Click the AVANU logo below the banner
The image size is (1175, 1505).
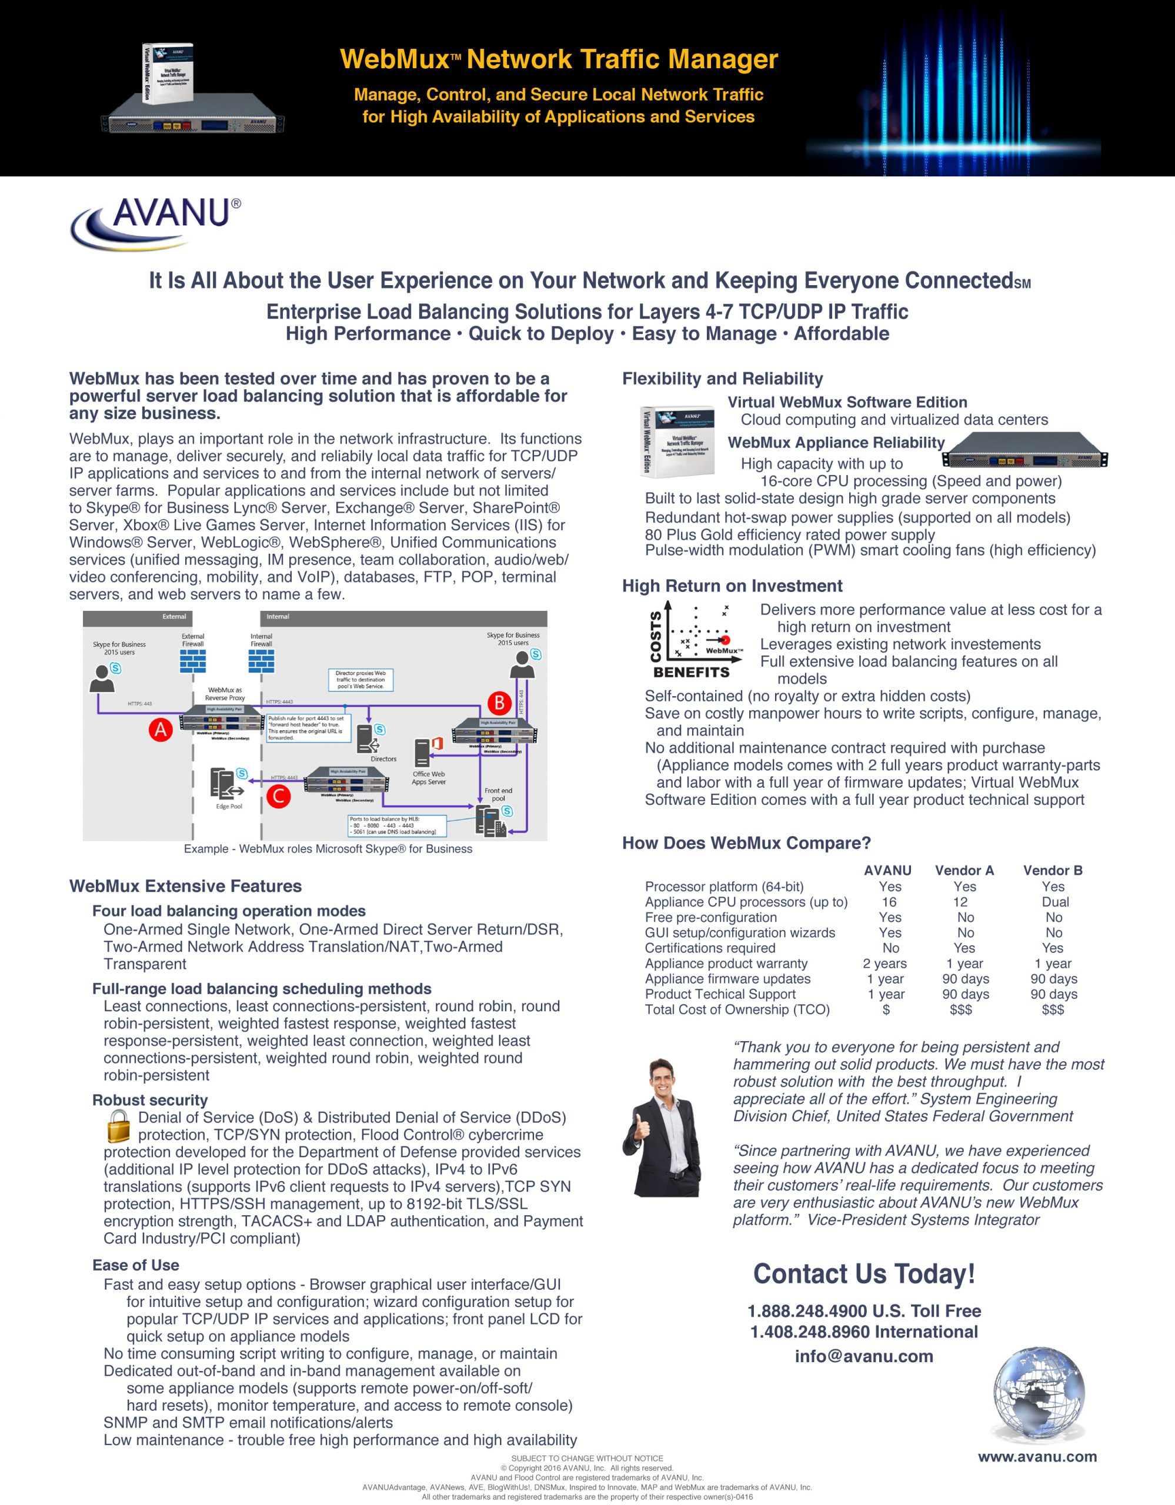click(156, 223)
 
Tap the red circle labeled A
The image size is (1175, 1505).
click(161, 729)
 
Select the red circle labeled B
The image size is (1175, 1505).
click(499, 703)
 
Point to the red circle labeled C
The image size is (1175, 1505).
click(278, 797)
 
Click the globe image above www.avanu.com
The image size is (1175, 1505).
click(1038, 1394)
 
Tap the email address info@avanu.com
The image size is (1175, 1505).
click(863, 1356)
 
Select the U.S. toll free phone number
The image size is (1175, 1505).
click(863, 1310)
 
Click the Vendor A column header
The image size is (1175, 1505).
click(964, 870)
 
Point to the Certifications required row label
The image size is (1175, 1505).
click(710, 948)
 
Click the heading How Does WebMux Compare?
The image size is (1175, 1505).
click(746, 843)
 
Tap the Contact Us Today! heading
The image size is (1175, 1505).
click(863, 1273)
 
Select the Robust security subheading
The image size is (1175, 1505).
click(149, 1100)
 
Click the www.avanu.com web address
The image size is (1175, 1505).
click(1037, 1457)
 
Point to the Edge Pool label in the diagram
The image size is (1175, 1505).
click(229, 806)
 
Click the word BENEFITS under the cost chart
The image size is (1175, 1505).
click(691, 672)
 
